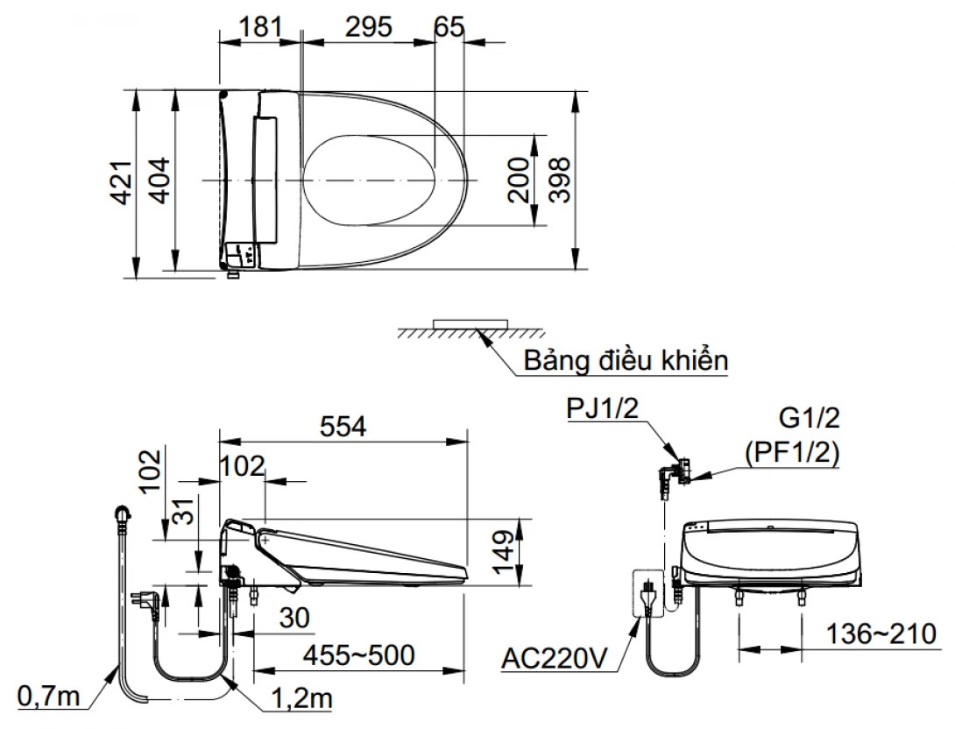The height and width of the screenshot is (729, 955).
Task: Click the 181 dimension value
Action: click(261, 27)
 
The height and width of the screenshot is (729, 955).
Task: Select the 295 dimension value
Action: click(369, 27)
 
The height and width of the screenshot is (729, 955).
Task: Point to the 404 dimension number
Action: click(159, 180)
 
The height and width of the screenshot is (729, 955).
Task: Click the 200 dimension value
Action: click(519, 180)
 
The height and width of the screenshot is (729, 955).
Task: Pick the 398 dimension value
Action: click(559, 180)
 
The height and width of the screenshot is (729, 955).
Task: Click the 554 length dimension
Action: click(343, 427)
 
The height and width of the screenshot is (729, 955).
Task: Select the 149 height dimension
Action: click(504, 552)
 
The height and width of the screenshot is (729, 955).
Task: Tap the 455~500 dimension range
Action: click(359, 655)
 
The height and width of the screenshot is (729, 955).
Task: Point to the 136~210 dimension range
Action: click(881, 634)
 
